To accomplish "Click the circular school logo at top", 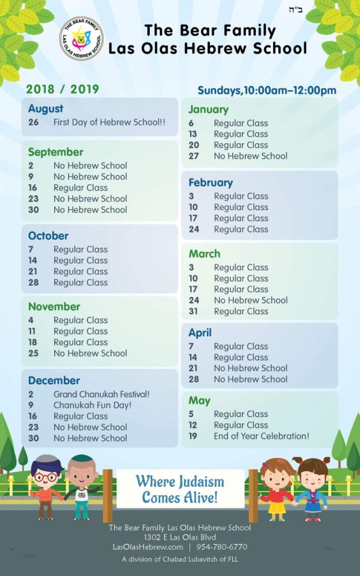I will pos(81,38).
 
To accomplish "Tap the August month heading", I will pos(46,109).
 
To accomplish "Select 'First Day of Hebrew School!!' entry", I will pos(109,122).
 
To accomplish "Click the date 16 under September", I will pos(33,188).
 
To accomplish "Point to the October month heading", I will pos(48,236).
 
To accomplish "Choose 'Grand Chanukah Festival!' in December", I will pos(101,395).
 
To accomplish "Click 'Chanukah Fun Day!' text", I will pos(93,406).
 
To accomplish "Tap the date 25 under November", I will pos(33,353).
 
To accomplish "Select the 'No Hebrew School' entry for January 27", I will pos(251,156).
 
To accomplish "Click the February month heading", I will pos(211,183).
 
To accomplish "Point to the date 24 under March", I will pos(194,300).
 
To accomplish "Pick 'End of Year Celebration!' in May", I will pos(262,436).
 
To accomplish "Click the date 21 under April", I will pos(194,368).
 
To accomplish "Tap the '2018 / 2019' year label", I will pos(62,89).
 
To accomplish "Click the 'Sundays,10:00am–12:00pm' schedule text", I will pos(267,90).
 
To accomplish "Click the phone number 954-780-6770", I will pos(221,547).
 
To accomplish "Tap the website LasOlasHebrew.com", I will pos(147,547).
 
